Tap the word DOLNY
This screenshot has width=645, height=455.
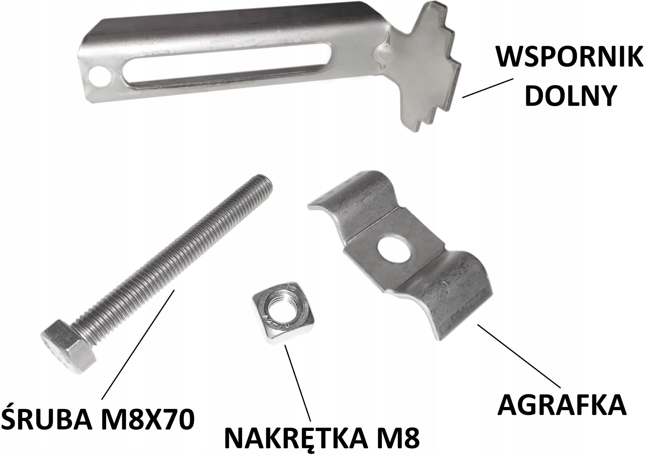569,95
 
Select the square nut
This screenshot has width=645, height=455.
283,316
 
